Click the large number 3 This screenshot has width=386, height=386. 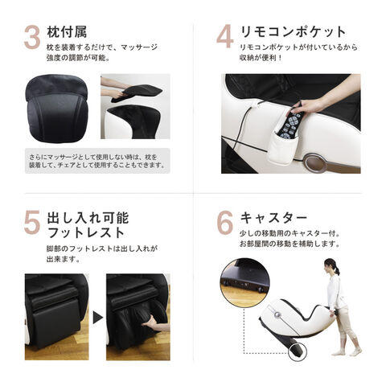click(x=32, y=38)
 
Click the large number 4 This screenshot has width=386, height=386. click(x=224, y=37)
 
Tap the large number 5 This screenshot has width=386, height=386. click(x=32, y=223)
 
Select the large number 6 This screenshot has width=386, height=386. click(x=224, y=223)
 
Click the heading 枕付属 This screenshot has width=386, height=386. click(x=67, y=32)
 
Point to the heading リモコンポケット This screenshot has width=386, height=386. click(x=293, y=32)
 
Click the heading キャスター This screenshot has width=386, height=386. click(x=273, y=218)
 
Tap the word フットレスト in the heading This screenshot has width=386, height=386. click(x=86, y=232)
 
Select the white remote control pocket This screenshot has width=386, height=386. click(x=282, y=149)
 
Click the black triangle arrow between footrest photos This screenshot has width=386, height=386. click(x=98, y=318)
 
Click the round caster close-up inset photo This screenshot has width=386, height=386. click(x=245, y=283)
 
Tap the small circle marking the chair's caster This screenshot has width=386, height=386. click(x=298, y=352)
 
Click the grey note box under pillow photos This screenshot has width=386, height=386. click(x=97, y=161)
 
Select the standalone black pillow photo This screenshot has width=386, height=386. click(x=57, y=109)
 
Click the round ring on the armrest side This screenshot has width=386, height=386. click(x=316, y=162)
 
